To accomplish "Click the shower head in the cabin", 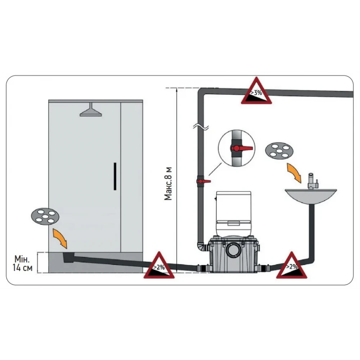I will click(x=91, y=111).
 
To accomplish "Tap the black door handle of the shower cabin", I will click(x=114, y=176).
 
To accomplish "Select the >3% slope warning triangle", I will click(x=256, y=92).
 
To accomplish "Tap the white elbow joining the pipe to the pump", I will click(x=202, y=248).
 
